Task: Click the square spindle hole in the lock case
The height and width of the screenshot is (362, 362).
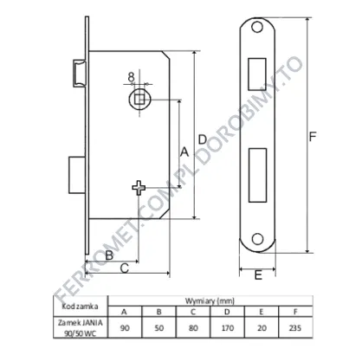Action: coord(139,99)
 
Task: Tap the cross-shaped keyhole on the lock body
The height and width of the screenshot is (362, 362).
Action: coord(139,188)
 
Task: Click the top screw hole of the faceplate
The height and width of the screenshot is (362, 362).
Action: coord(257,27)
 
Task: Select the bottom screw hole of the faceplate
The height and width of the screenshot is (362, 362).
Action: coord(257,239)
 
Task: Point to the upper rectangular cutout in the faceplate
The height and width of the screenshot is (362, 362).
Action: coord(257,74)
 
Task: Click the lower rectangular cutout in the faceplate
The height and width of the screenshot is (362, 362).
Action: coord(257,175)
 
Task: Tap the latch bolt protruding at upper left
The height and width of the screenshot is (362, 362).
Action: coord(79,73)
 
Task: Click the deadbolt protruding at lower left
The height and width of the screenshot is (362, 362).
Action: coord(77,175)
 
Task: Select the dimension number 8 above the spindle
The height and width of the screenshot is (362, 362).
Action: coord(132,77)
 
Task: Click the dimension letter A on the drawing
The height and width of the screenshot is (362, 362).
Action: coord(184,152)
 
